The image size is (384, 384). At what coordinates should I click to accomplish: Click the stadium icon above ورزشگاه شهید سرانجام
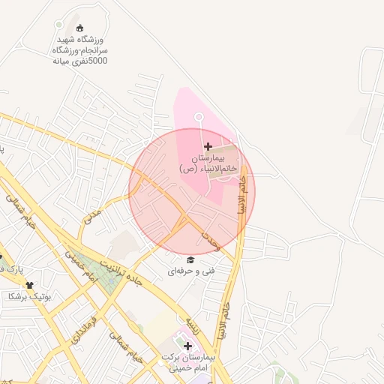[x=80, y=27]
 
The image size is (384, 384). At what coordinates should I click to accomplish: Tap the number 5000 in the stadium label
[x=97, y=60]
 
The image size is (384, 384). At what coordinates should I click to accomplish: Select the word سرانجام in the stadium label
[x=91, y=49]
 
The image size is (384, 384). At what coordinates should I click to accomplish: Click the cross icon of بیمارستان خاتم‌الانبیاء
[x=208, y=145]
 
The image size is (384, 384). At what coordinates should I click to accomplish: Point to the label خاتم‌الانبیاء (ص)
[x=208, y=169]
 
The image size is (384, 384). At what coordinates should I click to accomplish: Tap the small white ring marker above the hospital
[x=199, y=117]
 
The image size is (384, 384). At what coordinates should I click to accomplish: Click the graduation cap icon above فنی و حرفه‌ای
[x=190, y=259]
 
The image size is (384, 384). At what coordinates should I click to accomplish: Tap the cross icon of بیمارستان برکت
[x=187, y=346]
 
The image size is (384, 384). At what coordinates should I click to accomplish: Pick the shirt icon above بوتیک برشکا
[x=30, y=285]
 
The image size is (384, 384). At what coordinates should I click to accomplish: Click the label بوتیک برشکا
[x=28, y=297]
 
